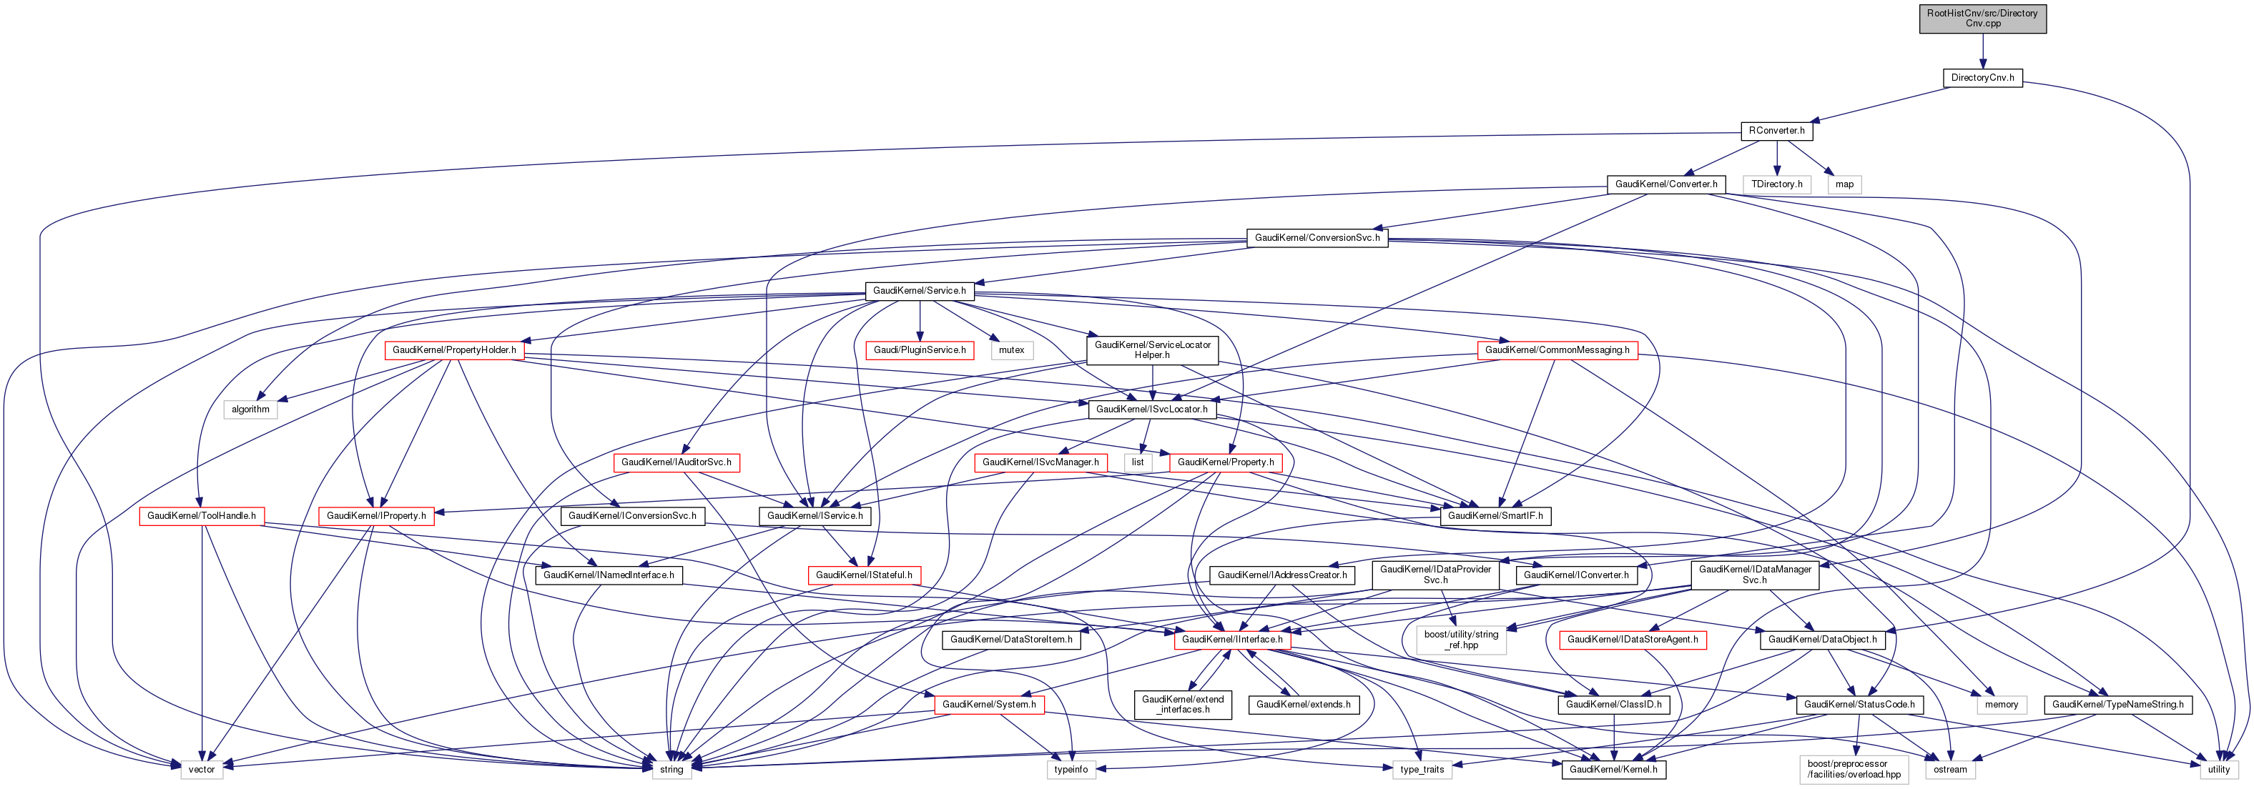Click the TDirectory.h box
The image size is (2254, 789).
pyautogui.click(x=1776, y=184)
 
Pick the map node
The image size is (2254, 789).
pyautogui.click(x=1844, y=184)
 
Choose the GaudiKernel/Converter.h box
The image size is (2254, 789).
pyautogui.click(x=1666, y=184)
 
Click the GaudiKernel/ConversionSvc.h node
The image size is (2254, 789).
pyautogui.click(x=1317, y=238)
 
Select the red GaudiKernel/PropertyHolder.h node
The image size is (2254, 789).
pyautogui.click(x=454, y=351)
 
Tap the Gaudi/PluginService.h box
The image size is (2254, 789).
pyautogui.click(x=920, y=351)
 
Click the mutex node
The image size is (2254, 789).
pyautogui.click(x=1011, y=351)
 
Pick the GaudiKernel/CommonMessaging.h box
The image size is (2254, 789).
pyautogui.click(x=1557, y=351)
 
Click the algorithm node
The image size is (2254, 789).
pyautogui.click(x=250, y=410)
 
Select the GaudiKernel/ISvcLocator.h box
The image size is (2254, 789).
pyautogui.click(x=1151, y=410)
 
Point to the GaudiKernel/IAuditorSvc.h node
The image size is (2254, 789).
pyautogui.click(x=676, y=462)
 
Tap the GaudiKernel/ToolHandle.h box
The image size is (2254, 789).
pyautogui.click(x=201, y=516)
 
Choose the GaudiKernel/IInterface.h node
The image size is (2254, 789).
pyautogui.click(x=1232, y=640)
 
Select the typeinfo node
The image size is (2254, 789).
pyautogui.click(x=1071, y=770)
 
